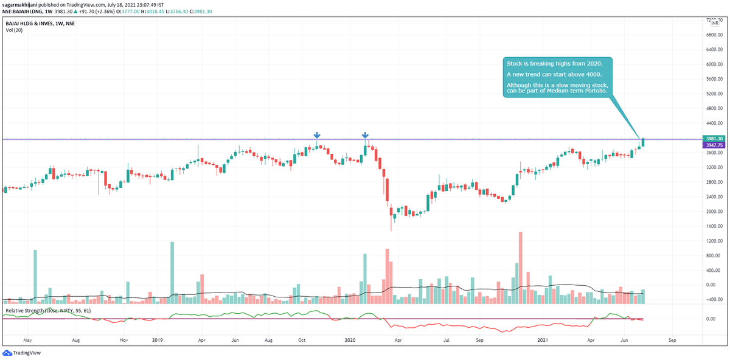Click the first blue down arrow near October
[317, 136]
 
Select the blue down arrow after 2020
[365, 136]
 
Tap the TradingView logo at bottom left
[18, 353]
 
